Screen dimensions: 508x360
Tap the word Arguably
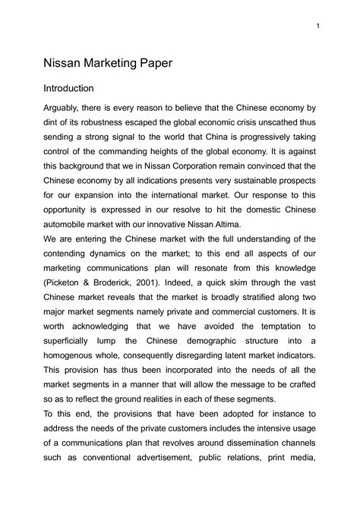pyautogui.click(x=62, y=114)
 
